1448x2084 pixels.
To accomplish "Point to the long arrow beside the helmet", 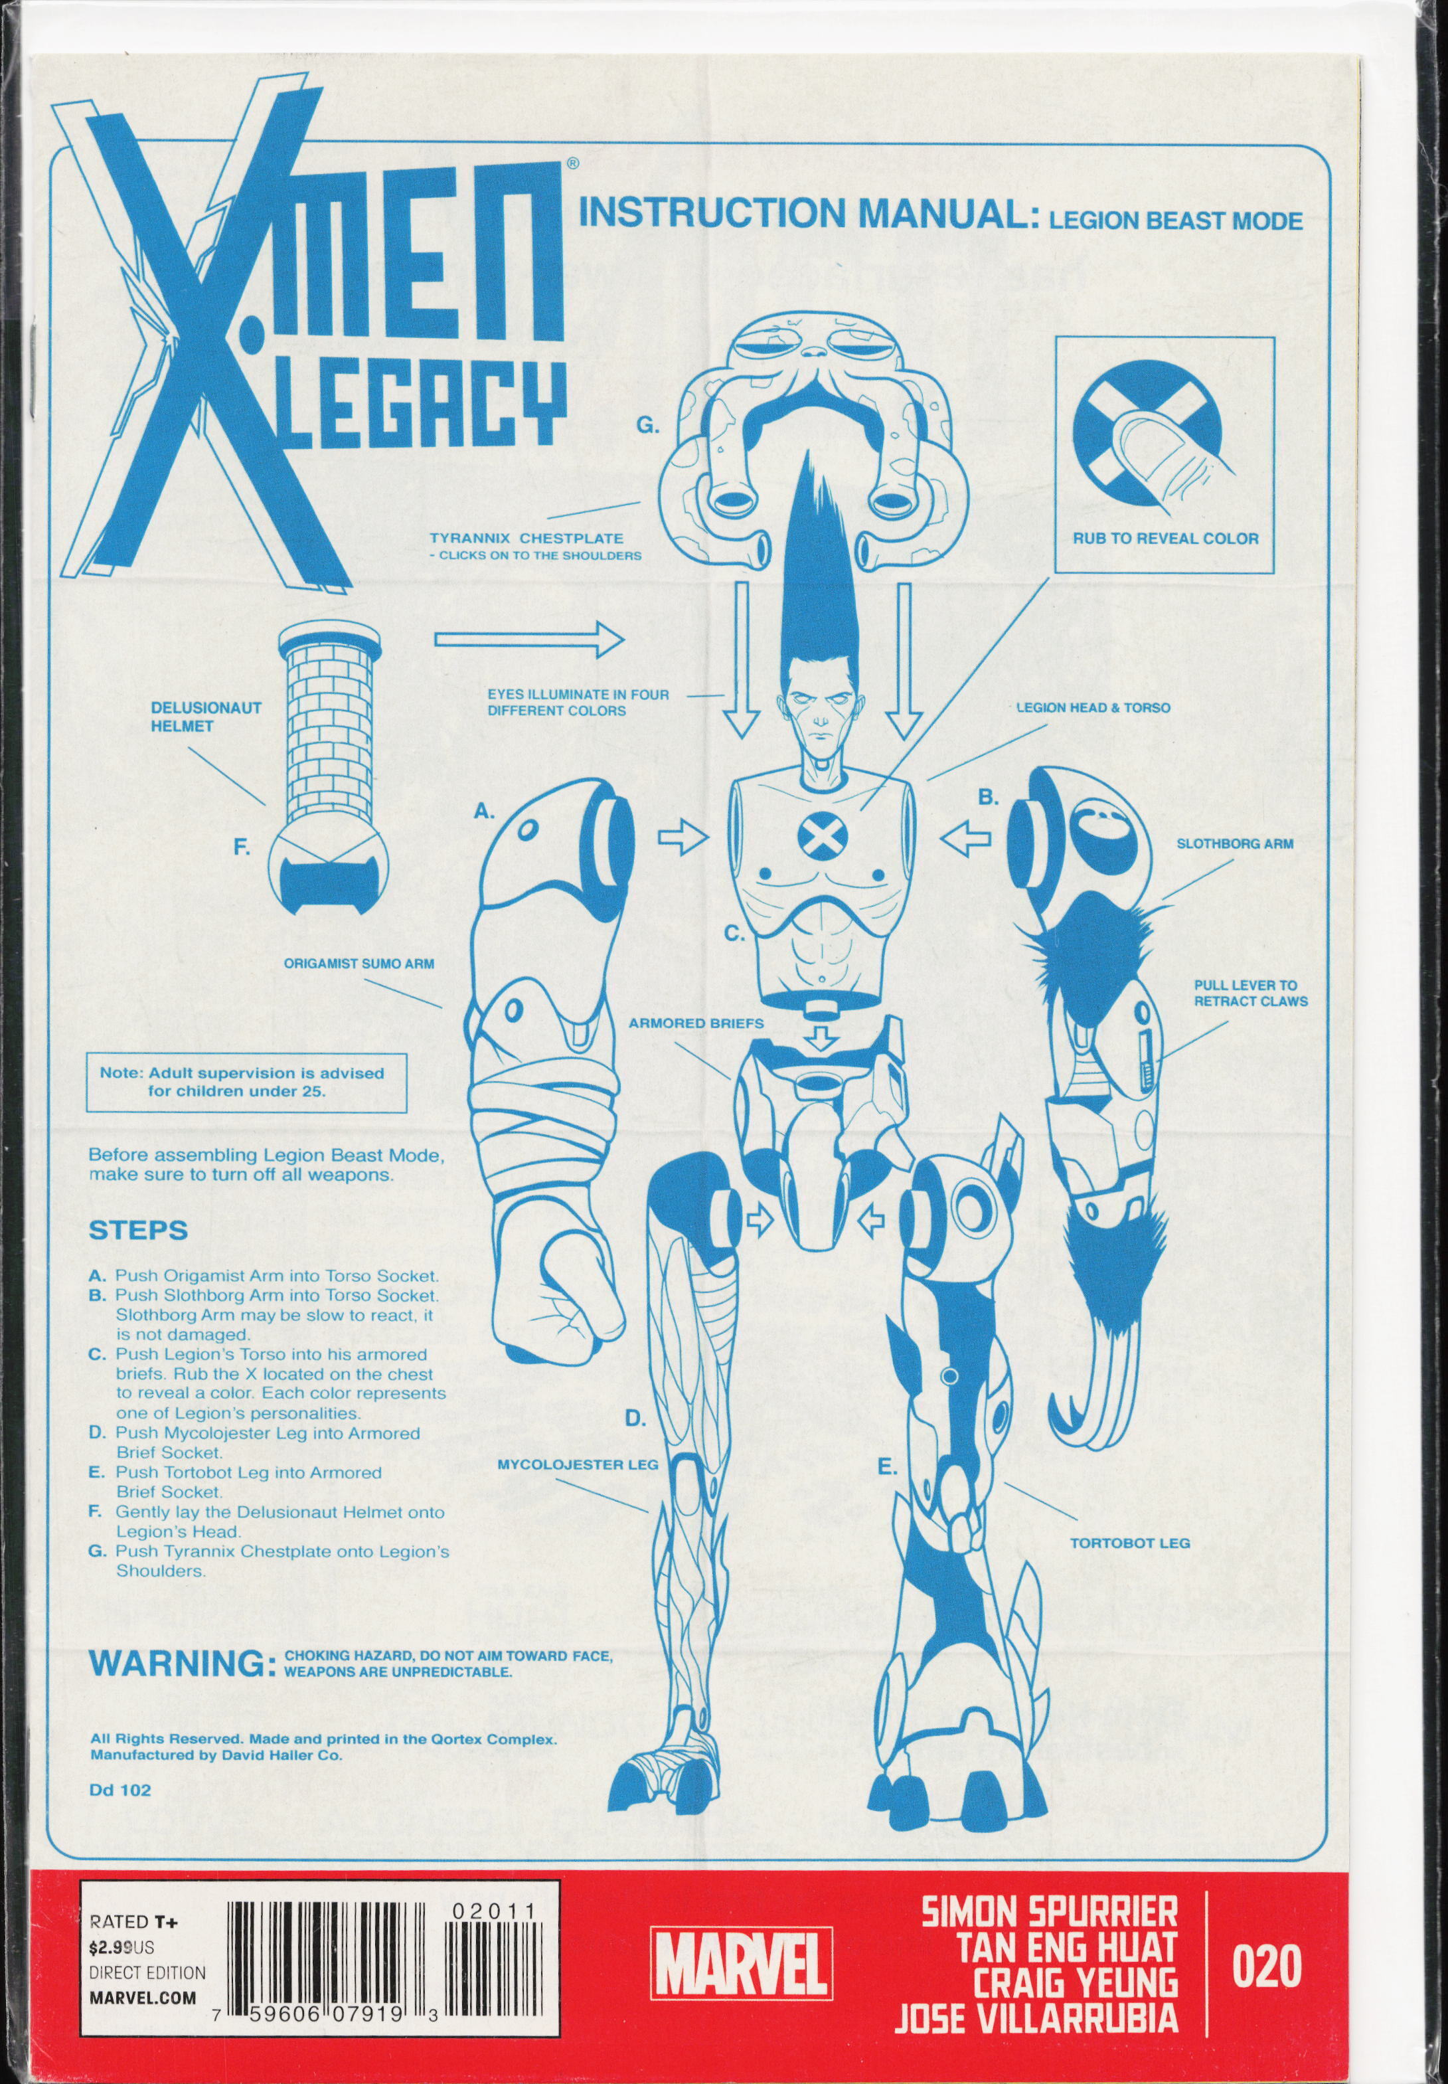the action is [530, 640].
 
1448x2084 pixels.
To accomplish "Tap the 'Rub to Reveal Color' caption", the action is [1165, 538].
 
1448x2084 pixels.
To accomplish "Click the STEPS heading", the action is [138, 1231].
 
